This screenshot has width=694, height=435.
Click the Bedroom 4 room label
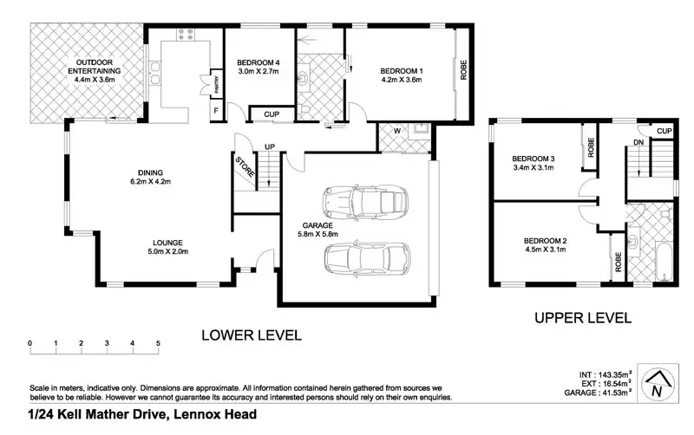(258, 62)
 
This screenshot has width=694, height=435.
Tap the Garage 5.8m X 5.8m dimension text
(318, 234)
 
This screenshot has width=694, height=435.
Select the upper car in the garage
(365, 203)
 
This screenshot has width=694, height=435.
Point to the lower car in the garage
(367, 259)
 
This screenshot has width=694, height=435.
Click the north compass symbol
(658, 383)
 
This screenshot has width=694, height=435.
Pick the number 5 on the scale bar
(158, 343)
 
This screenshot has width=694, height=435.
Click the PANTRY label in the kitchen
(217, 82)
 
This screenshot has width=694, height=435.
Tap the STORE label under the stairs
(245, 167)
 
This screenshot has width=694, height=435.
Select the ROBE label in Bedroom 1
(463, 70)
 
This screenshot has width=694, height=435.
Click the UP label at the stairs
(270, 146)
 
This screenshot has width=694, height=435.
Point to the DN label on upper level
(638, 142)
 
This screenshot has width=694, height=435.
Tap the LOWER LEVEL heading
(252, 335)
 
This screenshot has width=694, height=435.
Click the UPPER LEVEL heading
(583, 318)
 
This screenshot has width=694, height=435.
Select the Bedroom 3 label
(534, 159)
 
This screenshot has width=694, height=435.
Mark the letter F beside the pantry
(216, 111)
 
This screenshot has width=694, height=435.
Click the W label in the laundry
(397, 131)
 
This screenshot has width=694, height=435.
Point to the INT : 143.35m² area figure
(605, 375)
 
